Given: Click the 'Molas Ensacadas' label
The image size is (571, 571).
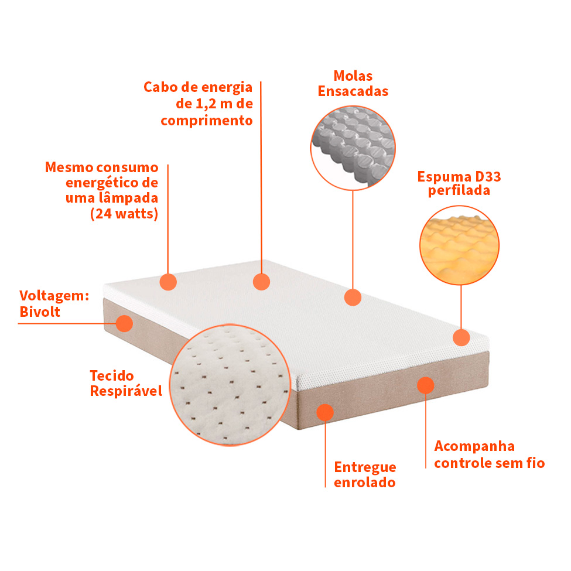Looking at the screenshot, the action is (353, 84).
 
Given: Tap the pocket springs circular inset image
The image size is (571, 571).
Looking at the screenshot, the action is (353, 148).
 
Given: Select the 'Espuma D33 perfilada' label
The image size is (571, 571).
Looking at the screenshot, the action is (459, 183).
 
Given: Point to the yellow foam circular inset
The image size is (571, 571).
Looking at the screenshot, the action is (459, 245).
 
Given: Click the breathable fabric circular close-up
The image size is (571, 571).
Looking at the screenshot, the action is (230, 385).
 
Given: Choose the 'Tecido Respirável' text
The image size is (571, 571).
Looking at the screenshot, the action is (126, 383).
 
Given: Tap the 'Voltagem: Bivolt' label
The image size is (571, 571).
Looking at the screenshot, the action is (54, 304).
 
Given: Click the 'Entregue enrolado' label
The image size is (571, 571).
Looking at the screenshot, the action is (365, 474).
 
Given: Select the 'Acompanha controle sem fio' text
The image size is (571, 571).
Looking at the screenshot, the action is (490, 454).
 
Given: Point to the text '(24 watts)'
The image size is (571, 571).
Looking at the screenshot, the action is (124, 213).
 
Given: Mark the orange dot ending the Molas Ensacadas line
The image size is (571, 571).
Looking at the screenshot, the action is (353, 297).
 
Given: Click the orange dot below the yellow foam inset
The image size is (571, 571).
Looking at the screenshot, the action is (461, 337).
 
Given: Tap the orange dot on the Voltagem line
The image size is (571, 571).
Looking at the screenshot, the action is (124, 323).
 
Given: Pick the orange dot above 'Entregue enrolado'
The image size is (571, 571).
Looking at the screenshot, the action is (325, 412).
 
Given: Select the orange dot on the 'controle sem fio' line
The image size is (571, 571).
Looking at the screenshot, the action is (425, 385).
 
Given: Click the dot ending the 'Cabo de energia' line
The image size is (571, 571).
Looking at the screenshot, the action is (261, 282).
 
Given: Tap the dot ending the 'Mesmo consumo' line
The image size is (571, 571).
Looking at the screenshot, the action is (168, 282).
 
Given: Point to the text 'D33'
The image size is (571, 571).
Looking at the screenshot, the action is (488, 177).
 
